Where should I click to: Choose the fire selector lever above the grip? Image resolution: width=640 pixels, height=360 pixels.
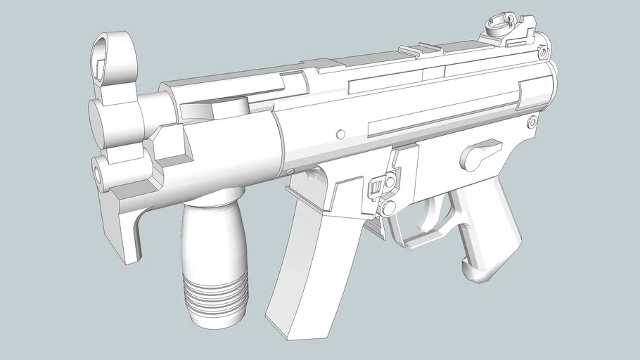[x=480, y=151]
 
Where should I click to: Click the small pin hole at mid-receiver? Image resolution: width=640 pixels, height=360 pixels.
[x=341, y=133]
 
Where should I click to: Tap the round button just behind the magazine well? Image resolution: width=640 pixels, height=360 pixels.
[x=388, y=207]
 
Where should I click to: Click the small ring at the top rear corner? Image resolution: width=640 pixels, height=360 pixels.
[x=543, y=53]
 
